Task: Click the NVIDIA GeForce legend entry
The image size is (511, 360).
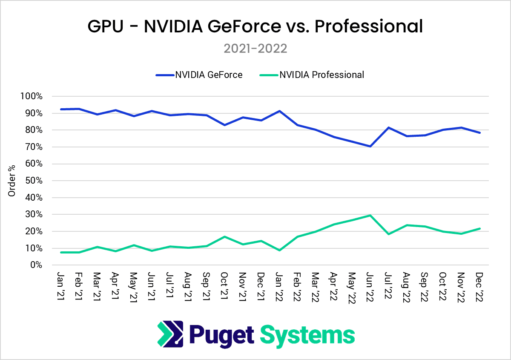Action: [199, 75]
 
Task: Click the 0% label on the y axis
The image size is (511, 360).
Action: [36, 265]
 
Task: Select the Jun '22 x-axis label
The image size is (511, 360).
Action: [370, 285]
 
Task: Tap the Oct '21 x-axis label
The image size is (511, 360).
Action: [224, 285]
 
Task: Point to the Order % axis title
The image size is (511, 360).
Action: [12, 181]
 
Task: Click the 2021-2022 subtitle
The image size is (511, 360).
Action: [255, 48]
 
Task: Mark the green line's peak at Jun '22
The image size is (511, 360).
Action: [370, 215]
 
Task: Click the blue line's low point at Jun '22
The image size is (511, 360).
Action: [370, 146]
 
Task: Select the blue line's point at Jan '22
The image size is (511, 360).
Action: [279, 111]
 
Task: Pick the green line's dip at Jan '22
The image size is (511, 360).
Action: [279, 250]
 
